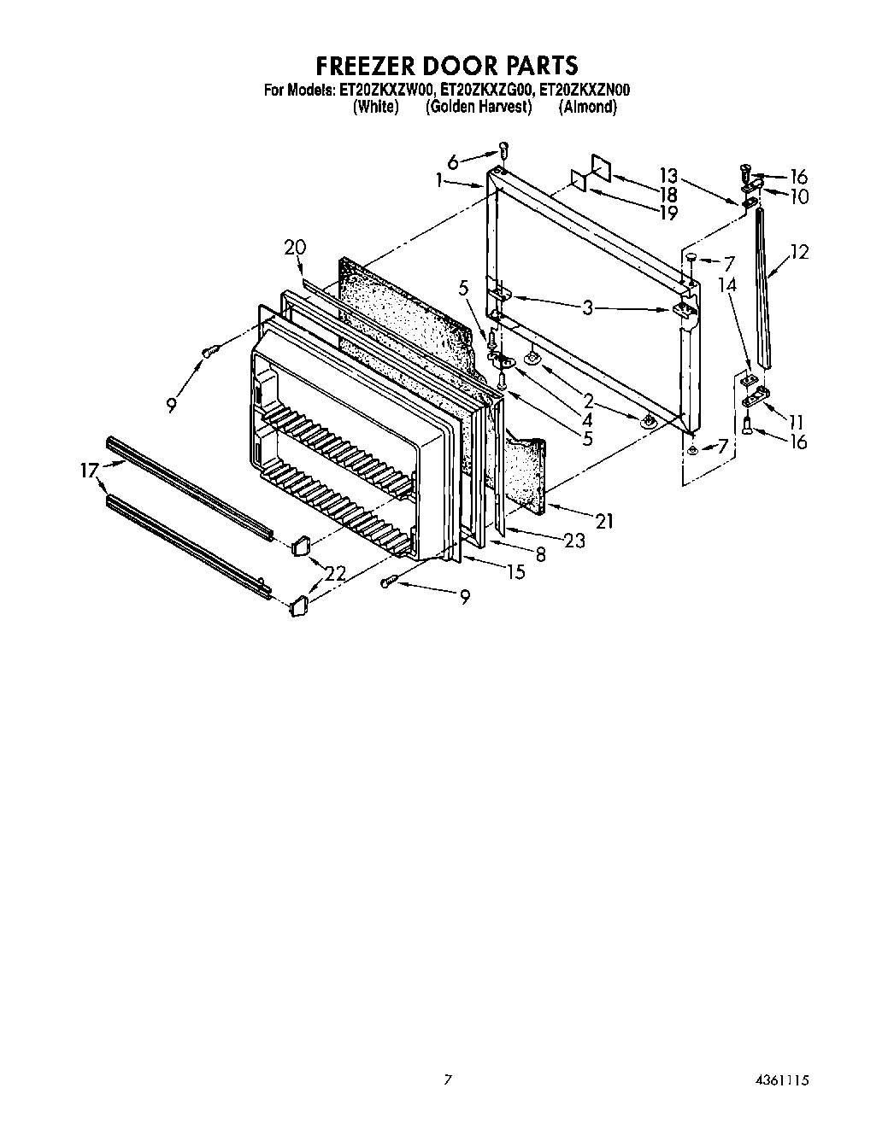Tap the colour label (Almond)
click(587, 107)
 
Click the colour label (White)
click(375, 107)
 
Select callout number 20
click(295, 248)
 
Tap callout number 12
click(798, 252)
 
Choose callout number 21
click(604, 520)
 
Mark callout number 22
click(335, 574)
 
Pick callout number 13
click(668, 176)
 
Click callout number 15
click(515, 572)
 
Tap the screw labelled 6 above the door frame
click(503, 150)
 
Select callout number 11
click(796, 421)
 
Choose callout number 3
click(587, 307)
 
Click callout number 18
click(668, 195)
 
